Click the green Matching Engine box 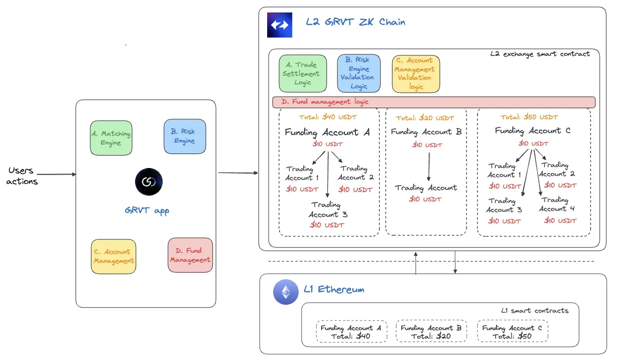(x=111, y=138)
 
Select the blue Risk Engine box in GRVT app (x=184, y=136)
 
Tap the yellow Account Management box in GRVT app (x=114, y=256)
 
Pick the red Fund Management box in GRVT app (x=190, y=255)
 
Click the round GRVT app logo (x=149, y=181)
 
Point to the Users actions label (x=22, y=176)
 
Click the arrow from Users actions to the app (x=57, y=175)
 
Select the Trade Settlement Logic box (x=303, y=74)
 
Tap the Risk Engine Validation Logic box (x=358, y=73)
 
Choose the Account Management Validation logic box (x=416, y=74)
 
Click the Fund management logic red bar (x=434, y=102)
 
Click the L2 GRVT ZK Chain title (x=355, y=22)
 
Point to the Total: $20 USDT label (x=425, y=118)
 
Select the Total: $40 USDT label (x=328, y=118)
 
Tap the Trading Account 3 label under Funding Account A (x=327, y=209)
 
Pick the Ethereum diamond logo (x=286, y=292)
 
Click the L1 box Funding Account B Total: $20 (x=432, y=332)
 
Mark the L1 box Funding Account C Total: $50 (x=512, y=332)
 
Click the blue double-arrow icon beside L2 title (x=280, y=25)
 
